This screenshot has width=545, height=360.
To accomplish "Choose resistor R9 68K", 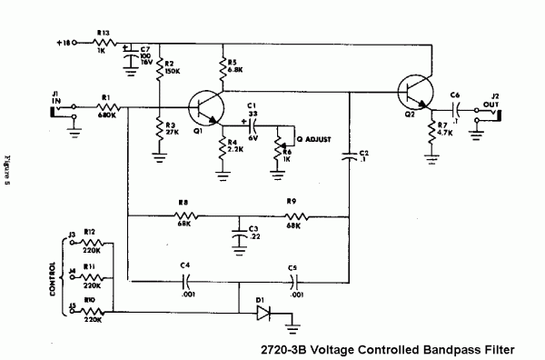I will [293, 217].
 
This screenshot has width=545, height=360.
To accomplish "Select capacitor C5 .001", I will [293, 277].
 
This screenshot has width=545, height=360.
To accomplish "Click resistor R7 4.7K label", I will [447, 129].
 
